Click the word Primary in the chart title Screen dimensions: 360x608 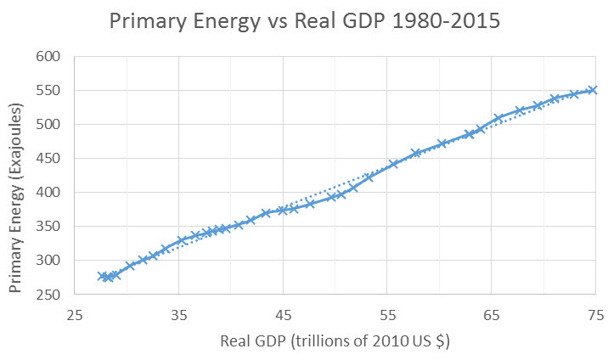[149, 20]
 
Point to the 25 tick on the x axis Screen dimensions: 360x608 [75, 314]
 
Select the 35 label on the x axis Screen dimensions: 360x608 [178, 314]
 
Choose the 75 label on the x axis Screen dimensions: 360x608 [594, 314]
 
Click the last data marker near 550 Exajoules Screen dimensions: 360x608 [594, 90]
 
